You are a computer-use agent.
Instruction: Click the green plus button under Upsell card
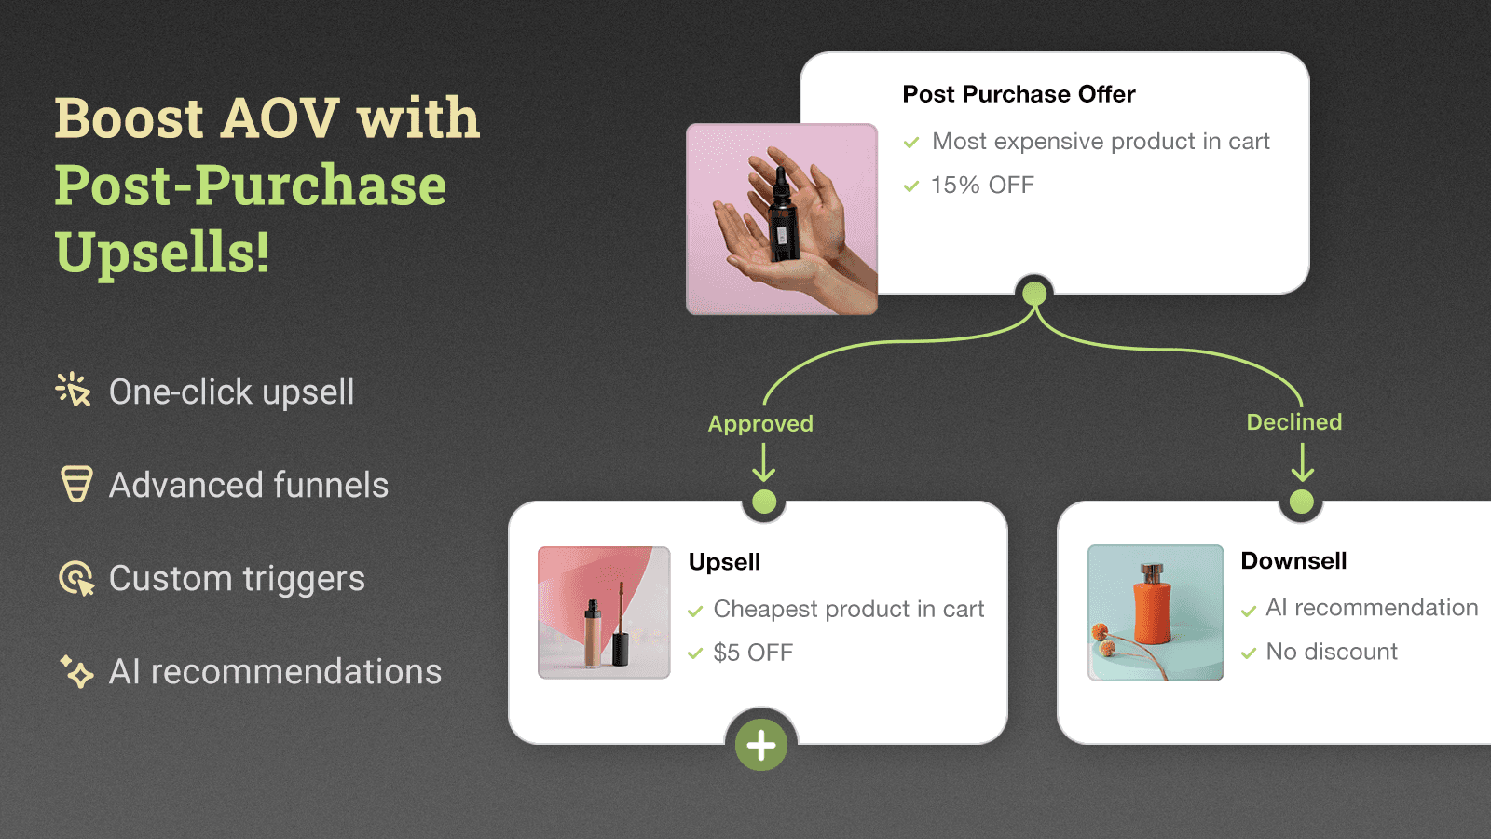tap(761, 745)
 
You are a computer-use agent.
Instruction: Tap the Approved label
tap(760, 424)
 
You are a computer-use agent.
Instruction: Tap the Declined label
tap(1293, 422)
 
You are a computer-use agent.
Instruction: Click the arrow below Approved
tap(763, 462)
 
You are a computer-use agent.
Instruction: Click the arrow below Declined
tap(1302, 462)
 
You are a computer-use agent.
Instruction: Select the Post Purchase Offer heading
tap(1019, 94)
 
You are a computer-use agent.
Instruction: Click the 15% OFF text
tap(982, 186)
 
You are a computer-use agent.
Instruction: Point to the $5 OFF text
tap(753, 653)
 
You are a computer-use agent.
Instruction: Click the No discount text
tap(1331, 652)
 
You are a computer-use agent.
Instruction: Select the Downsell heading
tap(1293, 561)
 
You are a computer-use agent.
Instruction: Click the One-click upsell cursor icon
tap(73, 390)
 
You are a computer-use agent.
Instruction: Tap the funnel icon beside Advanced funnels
tap(76, 484)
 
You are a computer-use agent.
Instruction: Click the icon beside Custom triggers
tap(76, 578)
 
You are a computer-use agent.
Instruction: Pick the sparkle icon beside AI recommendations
tap(76, 671)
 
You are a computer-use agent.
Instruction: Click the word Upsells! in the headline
tap(162, 253)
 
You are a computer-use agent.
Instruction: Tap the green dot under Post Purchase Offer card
tap(1034, 295)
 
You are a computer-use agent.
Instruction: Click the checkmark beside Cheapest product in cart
tap(695, 612)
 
